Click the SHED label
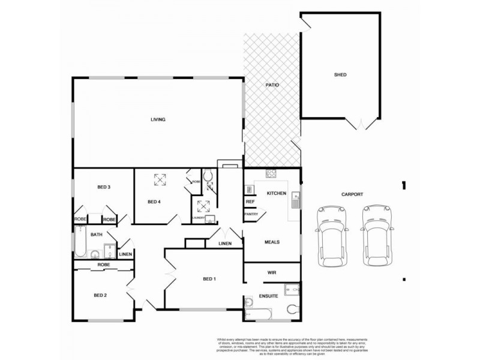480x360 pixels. [340, 75]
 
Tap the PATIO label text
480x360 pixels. [272, 85]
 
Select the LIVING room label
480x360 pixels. [158, 119]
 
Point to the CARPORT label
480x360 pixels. [352, 194]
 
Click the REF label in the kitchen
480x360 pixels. [250, 202]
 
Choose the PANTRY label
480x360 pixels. [251, 214]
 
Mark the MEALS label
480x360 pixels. [272, 242]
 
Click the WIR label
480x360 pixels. [270, 272]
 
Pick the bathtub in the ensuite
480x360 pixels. [259, 313]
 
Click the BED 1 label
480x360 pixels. [209, 280]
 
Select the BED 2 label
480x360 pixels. [100, 295]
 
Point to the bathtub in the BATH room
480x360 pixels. [80, 245]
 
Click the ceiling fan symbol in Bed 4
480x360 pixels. [160, 179]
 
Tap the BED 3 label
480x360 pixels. [104, 187]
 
